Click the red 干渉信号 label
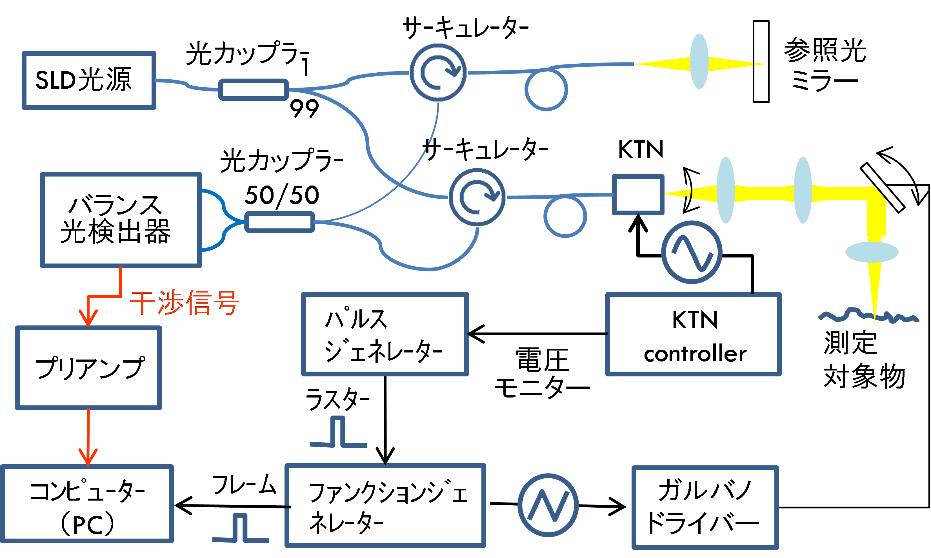pyautogui.click(x=184, y=302)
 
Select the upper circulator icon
pyautogui.click(x=438, y=72)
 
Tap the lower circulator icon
pyautogui.click(x=477, y=197)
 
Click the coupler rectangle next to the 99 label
pyautogui.click(x=254, y=90)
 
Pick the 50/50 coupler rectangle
pyautogui.click(x=279, y=222)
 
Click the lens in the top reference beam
pyautogui.click(x=699, y=61)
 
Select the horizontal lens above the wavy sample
pyautogui.click(x=872, y=252)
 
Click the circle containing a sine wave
pyautogui.click(x=691, y=252)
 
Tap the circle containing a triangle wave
pyautogui.click(x=548, y=505)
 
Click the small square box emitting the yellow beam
pyautogui.click(x=638, y=194)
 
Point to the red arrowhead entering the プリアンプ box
pyautogui.click(x=88, y=320)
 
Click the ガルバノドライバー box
pyautogui.click(x=705, y=507)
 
